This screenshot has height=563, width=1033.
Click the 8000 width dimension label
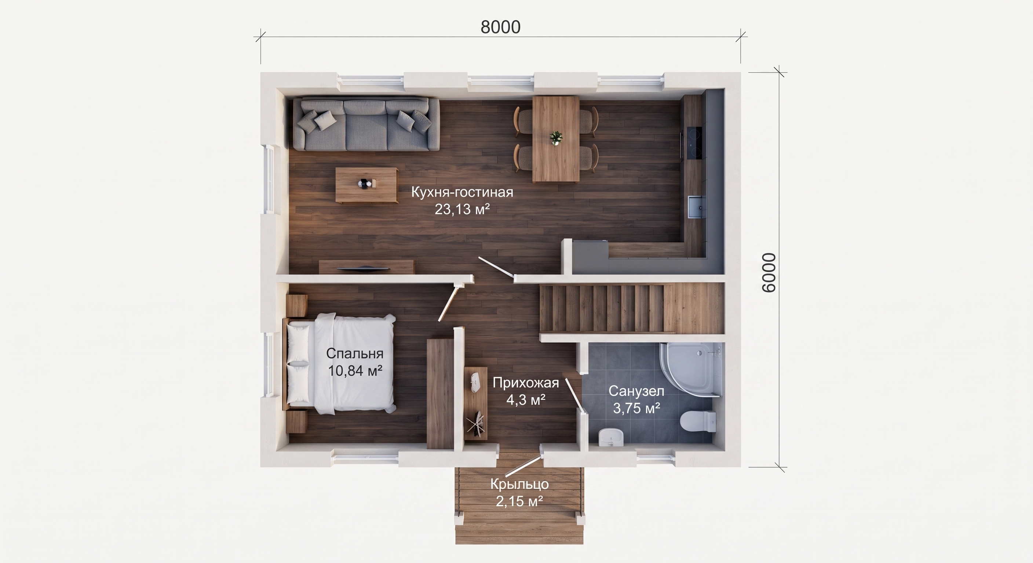[500, 27]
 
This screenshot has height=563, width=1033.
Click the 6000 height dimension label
[769, 272]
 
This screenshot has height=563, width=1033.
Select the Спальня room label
[354, 353]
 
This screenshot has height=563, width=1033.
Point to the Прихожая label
[526, 383]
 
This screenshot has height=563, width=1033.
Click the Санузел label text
[636, 391]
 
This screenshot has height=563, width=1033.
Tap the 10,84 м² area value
[355, 371]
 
